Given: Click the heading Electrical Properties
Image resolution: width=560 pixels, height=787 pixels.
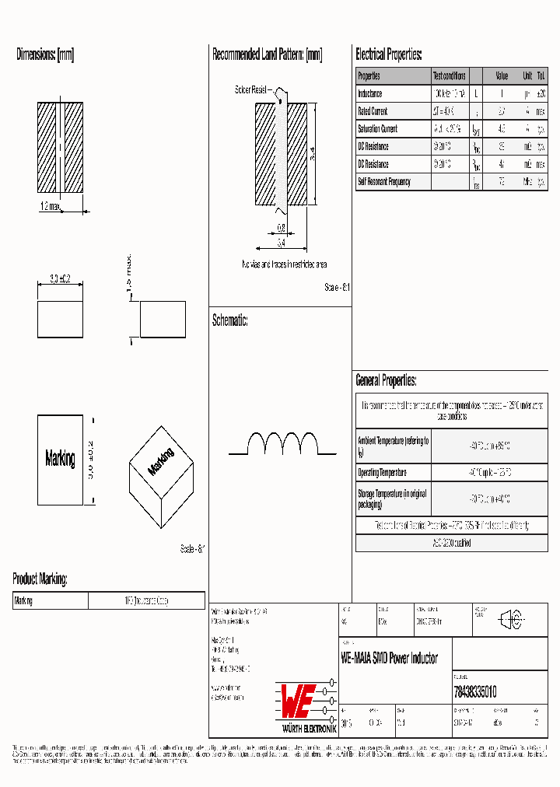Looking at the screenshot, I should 388,55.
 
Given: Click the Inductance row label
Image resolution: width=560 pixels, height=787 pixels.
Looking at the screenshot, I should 370,93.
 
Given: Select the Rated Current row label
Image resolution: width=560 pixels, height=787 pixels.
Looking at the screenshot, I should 373,111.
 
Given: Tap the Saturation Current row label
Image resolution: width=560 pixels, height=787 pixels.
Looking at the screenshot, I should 377,129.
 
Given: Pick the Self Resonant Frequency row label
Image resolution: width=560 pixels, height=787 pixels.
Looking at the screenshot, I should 383,182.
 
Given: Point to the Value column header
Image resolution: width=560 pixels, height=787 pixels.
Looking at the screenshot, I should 502,76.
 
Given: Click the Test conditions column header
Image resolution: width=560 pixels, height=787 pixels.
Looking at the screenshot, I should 449,76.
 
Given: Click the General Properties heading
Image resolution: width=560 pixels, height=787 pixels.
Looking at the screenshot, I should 386,380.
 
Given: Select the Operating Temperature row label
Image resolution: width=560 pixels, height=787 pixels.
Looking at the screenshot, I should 382,473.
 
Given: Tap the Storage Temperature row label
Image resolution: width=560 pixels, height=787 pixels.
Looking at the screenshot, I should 392,498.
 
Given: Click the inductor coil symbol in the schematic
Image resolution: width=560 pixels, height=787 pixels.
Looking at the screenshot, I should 282,443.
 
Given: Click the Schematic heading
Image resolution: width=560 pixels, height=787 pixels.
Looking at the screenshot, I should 229,320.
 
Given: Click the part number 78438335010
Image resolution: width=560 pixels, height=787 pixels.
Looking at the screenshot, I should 474,691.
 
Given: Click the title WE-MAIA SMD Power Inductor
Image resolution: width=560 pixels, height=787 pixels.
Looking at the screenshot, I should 389,658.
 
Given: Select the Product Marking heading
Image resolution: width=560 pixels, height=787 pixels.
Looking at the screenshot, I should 40,579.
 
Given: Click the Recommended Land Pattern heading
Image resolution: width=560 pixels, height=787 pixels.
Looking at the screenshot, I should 267,55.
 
